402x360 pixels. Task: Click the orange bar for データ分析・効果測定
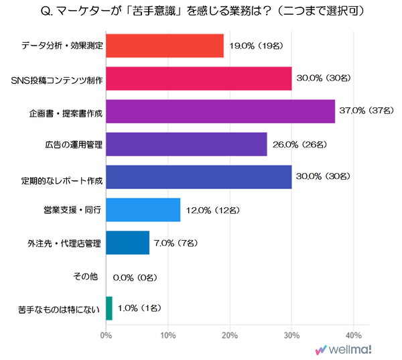165,46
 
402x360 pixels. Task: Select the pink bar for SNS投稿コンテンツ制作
199,78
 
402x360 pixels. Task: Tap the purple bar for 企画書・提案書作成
220,111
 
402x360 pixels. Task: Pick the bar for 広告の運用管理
186,144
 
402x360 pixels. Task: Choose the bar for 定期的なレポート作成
199,177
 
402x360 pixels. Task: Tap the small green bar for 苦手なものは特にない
109,308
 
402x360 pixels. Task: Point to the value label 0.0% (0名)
137,276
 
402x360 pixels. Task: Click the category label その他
86,276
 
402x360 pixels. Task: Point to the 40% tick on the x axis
353,334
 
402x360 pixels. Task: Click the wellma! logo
344,349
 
